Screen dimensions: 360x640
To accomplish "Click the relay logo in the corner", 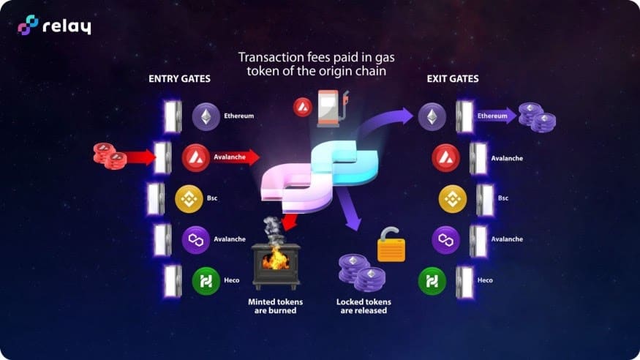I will click(54, 26).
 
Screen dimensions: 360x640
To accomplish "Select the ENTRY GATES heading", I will click(179, 78).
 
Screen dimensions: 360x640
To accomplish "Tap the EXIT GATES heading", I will click(453, 78).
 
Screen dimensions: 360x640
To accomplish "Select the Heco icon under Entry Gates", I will click(206, 281).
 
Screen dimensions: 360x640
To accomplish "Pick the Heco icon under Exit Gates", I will click(432, 281).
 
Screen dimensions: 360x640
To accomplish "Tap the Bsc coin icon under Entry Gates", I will click(189, 198).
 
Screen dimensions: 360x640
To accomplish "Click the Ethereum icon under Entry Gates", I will click(206, 116).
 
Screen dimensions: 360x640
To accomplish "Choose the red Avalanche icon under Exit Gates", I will click(445, 157).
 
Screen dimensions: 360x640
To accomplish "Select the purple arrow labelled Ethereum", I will click(495, 116).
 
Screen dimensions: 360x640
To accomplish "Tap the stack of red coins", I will click(109, 155).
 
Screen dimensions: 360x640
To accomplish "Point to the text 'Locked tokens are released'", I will click(364, 306).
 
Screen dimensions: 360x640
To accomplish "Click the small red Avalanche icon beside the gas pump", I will click(302, 107).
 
